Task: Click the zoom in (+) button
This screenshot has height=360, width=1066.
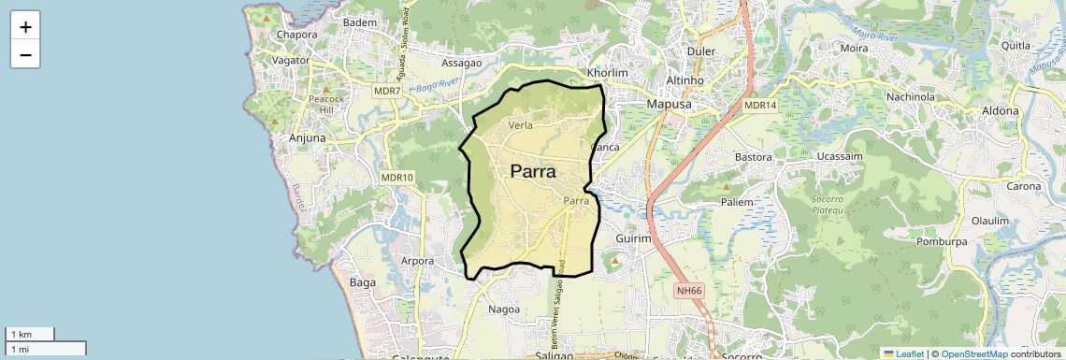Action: click(x=25, y=26)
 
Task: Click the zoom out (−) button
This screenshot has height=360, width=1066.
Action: click(x=25, y=55)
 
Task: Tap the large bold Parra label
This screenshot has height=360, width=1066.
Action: click(x=533, y=172)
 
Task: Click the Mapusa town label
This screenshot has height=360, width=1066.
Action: click(x=669, y=105)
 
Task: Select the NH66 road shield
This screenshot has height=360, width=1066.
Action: click(x=689, y=291)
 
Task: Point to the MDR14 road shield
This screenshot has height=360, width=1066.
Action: click(x=760, y=106)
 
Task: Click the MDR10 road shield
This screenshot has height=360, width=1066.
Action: click(x=397, y=177)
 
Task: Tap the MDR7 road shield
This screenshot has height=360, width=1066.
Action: click(x=386, y=92)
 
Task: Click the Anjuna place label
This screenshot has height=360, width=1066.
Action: click(x=308, y=137)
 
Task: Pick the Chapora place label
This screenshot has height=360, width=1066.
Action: click(x=297, y=35)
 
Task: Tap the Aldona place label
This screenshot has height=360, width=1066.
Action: click(x=1000, y=110)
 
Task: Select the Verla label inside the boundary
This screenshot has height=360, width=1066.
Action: click(x=522, y=124)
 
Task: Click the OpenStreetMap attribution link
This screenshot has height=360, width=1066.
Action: click(x=973, y=353)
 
